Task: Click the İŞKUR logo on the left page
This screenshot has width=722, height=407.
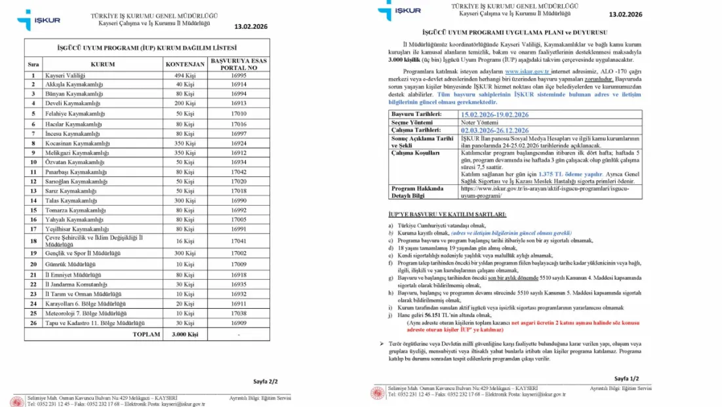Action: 39,20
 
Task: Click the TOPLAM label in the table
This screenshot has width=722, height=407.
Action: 146,334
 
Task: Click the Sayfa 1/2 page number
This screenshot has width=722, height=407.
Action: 626,379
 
